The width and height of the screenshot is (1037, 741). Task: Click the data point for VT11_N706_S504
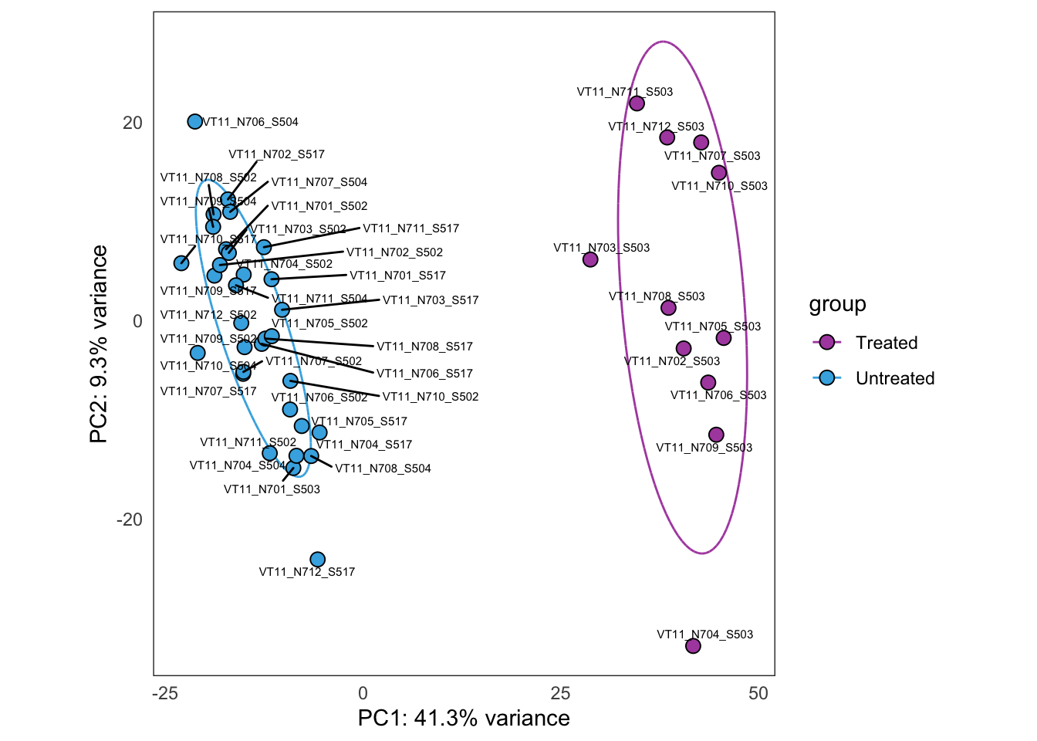[x=195, y=122]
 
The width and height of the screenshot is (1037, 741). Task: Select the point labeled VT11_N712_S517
[x=317, y=560]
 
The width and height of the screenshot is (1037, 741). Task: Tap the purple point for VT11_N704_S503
[x=693, y=646]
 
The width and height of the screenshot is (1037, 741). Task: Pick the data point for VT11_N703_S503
[x=590, y=259]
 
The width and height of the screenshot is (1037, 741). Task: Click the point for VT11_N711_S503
[x=637, y=103]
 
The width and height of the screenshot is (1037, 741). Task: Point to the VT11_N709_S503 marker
[x=716, y=435]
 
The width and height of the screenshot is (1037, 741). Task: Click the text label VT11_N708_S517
[x=424, y=347]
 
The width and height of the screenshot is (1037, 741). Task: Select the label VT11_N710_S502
[x=431, y=397]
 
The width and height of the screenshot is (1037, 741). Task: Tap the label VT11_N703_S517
[x=431, y=300]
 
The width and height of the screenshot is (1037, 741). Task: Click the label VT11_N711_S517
[x=410, y=228]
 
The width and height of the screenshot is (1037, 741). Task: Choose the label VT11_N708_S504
[x=383, y=469]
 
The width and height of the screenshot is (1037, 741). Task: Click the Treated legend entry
[x=886, y=343]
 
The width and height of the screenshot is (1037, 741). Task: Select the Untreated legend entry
[x=894, y=378]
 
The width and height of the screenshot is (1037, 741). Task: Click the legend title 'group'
[x=837, y=304]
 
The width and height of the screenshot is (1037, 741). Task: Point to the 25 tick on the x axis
[x=560, y=693]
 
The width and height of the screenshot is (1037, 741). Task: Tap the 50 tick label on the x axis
[x=758, y=693]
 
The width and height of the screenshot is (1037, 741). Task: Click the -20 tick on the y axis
[x=130, y=519]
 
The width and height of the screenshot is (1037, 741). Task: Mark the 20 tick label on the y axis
[x=133, y=123]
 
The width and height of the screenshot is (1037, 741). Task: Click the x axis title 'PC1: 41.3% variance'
[x=464, y=718]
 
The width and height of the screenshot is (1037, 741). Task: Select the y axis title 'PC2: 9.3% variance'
[x=99, y=344]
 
